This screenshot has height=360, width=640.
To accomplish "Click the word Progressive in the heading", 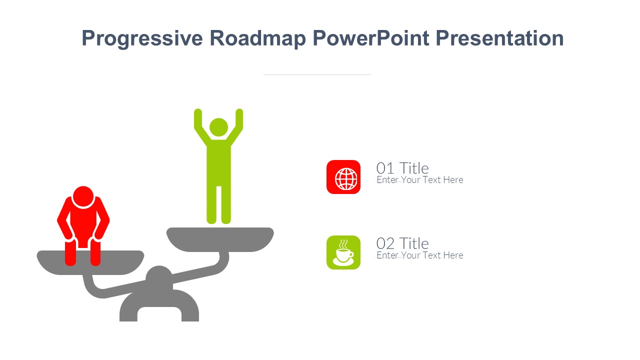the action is coord(142,38).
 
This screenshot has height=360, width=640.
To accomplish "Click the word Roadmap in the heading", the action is coord(257,38).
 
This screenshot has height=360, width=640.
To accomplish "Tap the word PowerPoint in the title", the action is coord(371,38).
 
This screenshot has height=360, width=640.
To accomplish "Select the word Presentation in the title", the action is coord(499,38).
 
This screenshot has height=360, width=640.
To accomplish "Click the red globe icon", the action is coord(343,177).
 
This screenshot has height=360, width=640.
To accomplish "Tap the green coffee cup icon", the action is coord(343,252).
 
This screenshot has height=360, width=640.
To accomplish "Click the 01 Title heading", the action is coord(402,168).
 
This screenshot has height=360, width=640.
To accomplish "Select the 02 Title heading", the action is coord(402,243).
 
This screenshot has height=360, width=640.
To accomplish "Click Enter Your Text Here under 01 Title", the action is coord(419,179).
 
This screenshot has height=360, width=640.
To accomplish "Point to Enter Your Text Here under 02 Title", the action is coord(419,255).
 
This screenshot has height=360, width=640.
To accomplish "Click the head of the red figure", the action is coord(83,196).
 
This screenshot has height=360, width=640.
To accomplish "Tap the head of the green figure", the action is coord(218,127).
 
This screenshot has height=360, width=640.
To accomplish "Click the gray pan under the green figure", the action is coord(220,239).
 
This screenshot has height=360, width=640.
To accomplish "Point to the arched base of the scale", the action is coord(159,298).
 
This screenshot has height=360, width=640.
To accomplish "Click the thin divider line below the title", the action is coord(317,74).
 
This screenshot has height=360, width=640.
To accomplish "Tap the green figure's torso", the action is coord(218,163).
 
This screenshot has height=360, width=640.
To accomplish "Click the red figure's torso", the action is coord(83,225).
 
